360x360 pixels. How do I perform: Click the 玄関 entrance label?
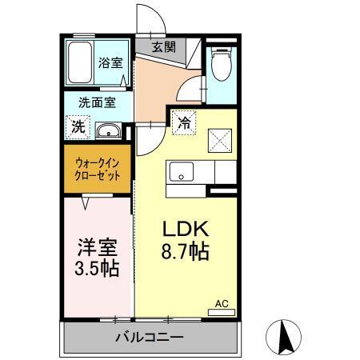click(163, 46)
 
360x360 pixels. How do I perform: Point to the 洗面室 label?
click(96, 102)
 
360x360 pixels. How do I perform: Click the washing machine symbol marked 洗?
click(78, 126)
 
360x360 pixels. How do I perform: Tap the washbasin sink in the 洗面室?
click(107, 130)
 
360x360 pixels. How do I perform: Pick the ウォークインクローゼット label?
click(98, 170)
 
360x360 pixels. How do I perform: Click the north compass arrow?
click(283, 335)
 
